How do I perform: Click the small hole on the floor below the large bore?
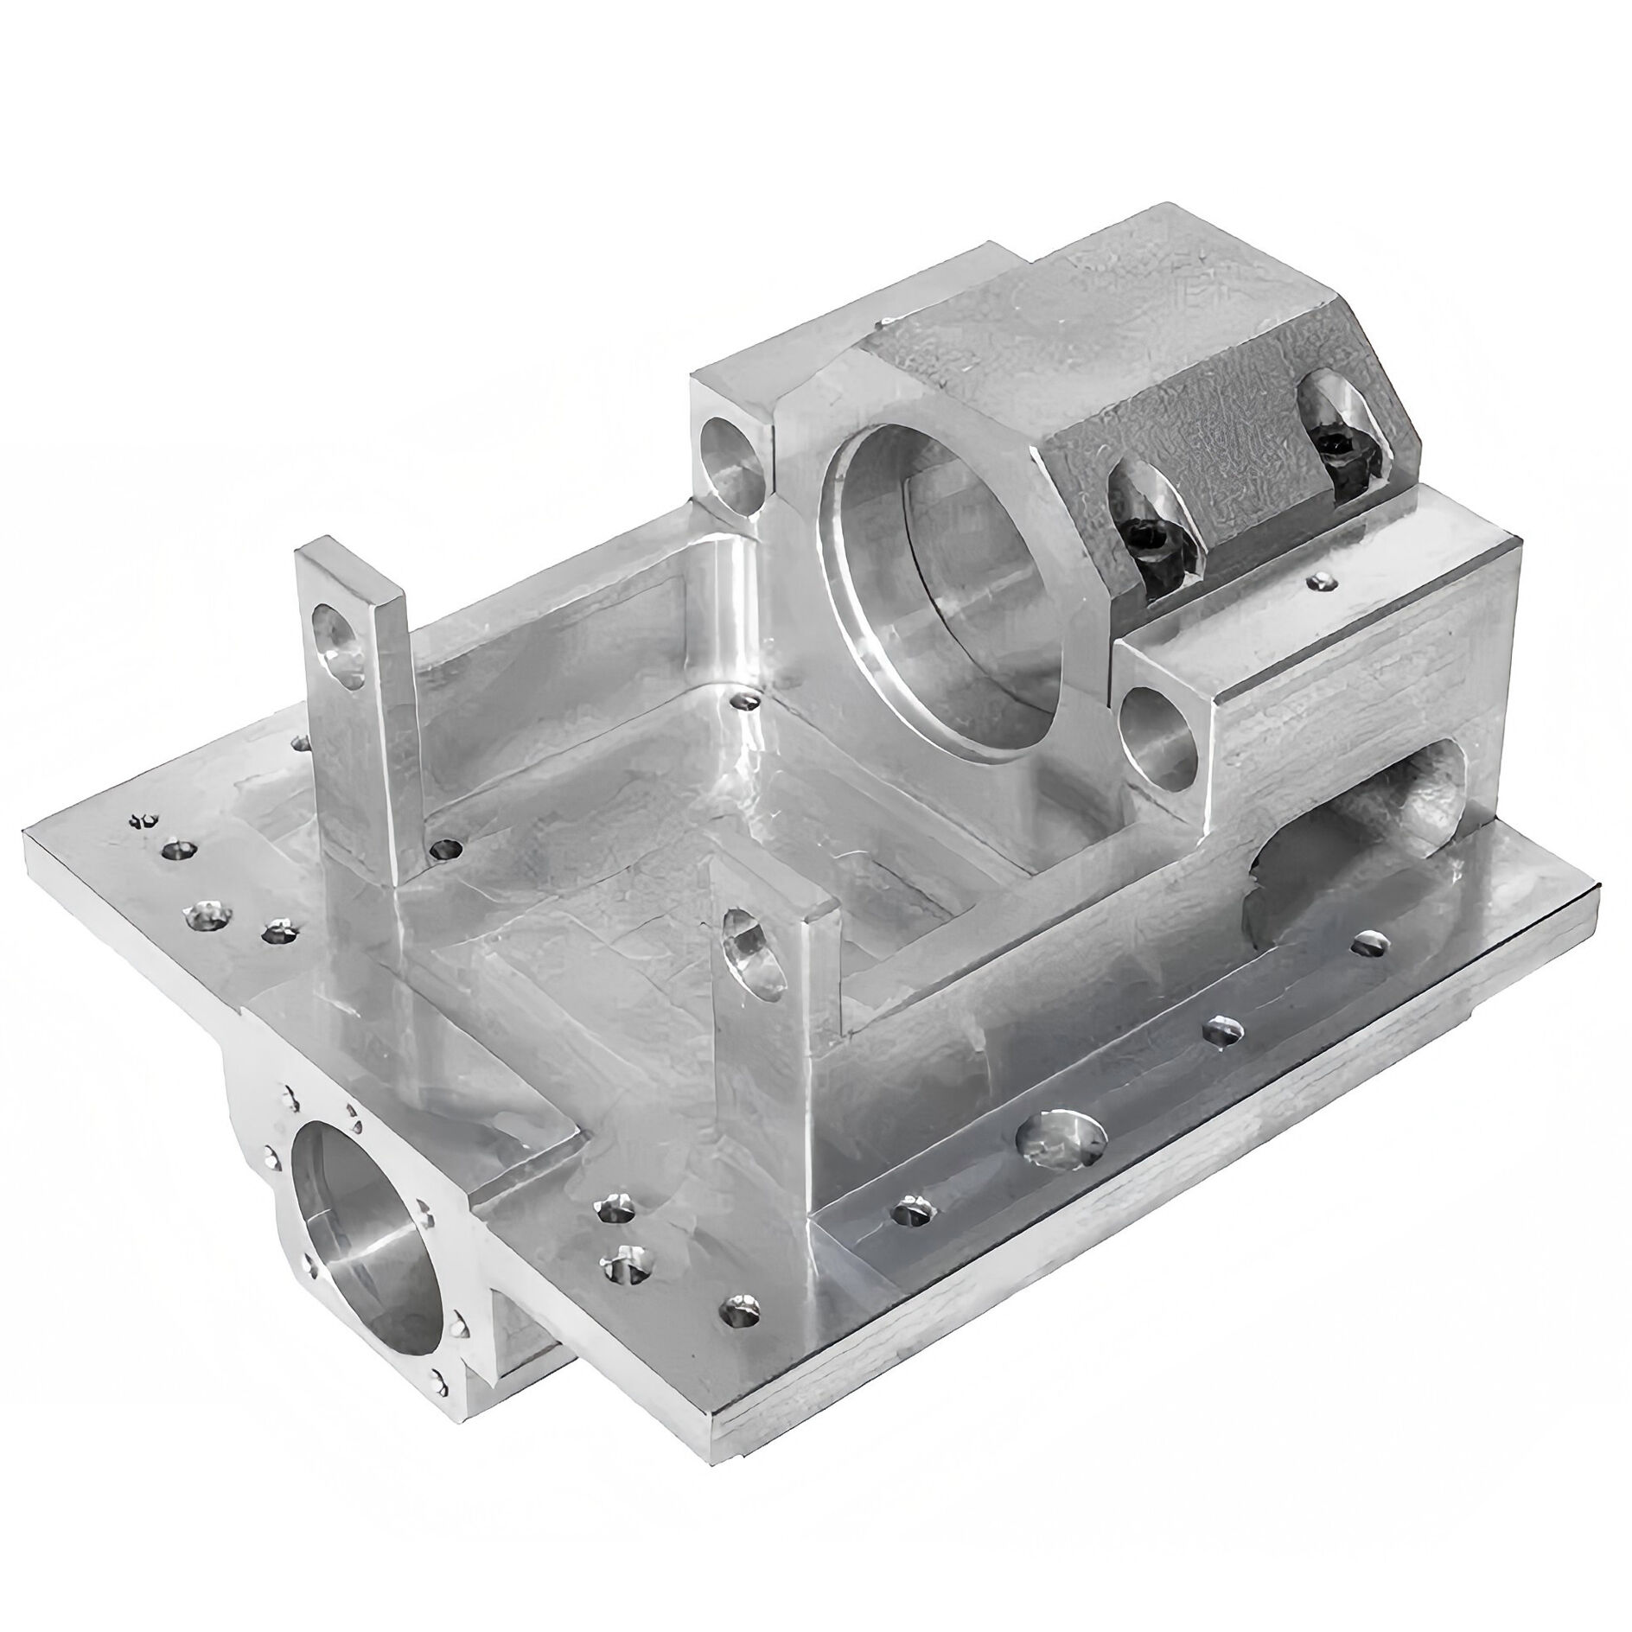click(x=743, y=700)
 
